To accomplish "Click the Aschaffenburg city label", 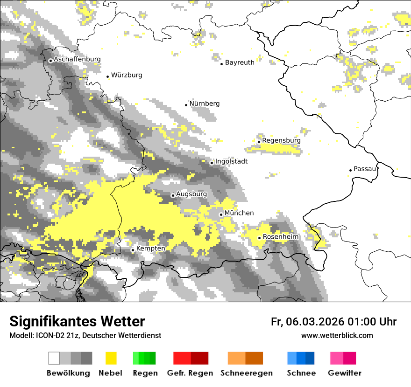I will pos(77,60).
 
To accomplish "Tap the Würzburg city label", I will pos(127,75).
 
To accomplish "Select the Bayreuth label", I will pos(240,62).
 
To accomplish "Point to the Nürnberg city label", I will pos(205,104).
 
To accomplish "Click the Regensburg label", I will pos(281,140).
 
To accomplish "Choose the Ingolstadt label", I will pos(231,161).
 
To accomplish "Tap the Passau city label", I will pos(365,169).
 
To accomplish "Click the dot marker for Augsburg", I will pos(173,195).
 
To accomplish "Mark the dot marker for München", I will pos(221,214).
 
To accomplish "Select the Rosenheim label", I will pos(280,237).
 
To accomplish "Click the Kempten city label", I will pos(150,249).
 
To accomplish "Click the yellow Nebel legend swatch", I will pos(111,358).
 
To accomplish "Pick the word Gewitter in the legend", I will pos(344,373).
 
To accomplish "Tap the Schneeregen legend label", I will pos(246,373).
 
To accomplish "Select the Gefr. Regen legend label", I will pos(190,373).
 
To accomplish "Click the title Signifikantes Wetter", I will pos(77,322).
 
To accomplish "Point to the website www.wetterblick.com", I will pos(337,335).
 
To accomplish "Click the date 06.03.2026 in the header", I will pos(315,322).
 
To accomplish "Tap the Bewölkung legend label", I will pos(68,373).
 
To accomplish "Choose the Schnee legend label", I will pos(301,373).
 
